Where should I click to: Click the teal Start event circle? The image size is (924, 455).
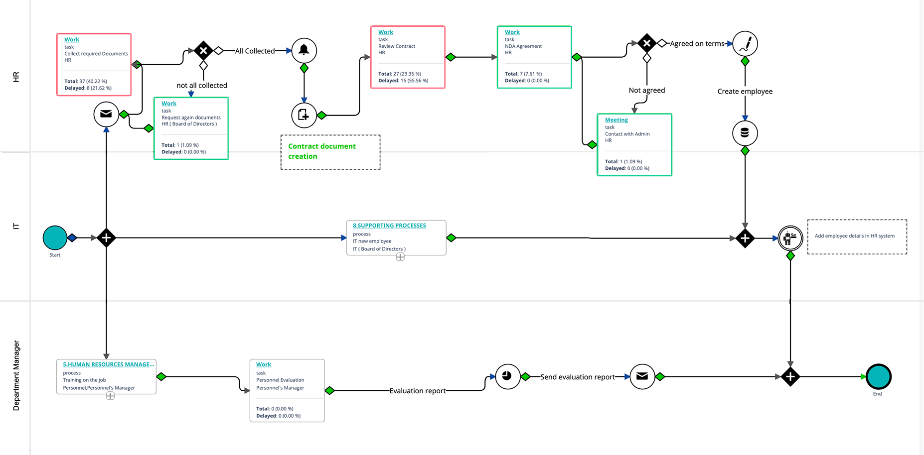pos(55,237)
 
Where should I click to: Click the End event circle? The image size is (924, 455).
pos(878,377)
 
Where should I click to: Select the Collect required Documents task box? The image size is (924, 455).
pos(94,65)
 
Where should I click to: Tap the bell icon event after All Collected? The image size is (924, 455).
pos(304,50)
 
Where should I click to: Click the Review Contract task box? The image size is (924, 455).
pos(408,57)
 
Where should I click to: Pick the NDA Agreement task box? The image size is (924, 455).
pos(534,57)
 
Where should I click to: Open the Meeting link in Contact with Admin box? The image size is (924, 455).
pos(616,120)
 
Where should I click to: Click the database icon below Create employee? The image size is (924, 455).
pos(745,133)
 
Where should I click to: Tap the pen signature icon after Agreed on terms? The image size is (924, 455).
pos(745,44)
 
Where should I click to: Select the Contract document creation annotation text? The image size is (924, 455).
pos(322,151)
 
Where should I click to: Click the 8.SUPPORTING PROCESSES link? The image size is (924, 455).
pos(389,226)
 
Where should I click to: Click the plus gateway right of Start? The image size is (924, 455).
pos(106,238)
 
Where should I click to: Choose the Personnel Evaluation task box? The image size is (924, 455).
pos(287,390)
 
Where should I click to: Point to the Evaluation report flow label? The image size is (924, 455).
pos(418,391)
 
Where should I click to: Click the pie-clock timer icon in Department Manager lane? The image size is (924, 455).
pos(507,376)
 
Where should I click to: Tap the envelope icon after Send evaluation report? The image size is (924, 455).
pos(642,376)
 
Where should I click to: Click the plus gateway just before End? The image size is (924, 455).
pos(790,377)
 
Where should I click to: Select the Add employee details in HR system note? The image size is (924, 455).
pos(855,236)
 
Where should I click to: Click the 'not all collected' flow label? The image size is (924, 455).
pos(202,86)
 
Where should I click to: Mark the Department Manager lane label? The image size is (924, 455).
pos(16,375)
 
